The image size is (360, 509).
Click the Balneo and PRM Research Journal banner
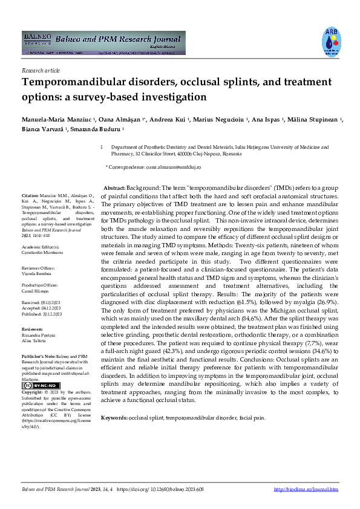coord(103,43)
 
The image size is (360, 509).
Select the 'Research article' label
coord(41,71)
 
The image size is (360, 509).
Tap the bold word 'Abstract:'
coord(114,189)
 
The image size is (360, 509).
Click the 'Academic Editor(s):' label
coord(41,248)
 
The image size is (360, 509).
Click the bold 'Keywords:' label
coord(114,418)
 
